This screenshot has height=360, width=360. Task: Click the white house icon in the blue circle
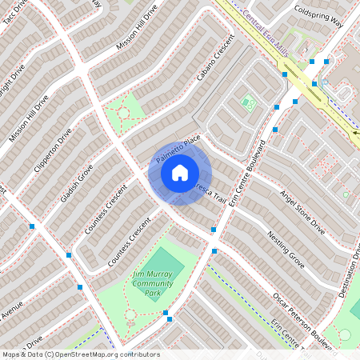pos(180,173)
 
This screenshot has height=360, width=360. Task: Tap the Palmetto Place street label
pos(178,150)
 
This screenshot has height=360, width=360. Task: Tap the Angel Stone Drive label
pos(302,212)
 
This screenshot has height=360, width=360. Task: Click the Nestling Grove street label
pos(286,249)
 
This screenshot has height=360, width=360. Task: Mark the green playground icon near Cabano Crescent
pos(247,102)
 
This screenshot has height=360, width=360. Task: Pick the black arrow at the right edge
pos(355,134)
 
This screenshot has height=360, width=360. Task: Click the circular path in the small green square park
pos(124,113)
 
